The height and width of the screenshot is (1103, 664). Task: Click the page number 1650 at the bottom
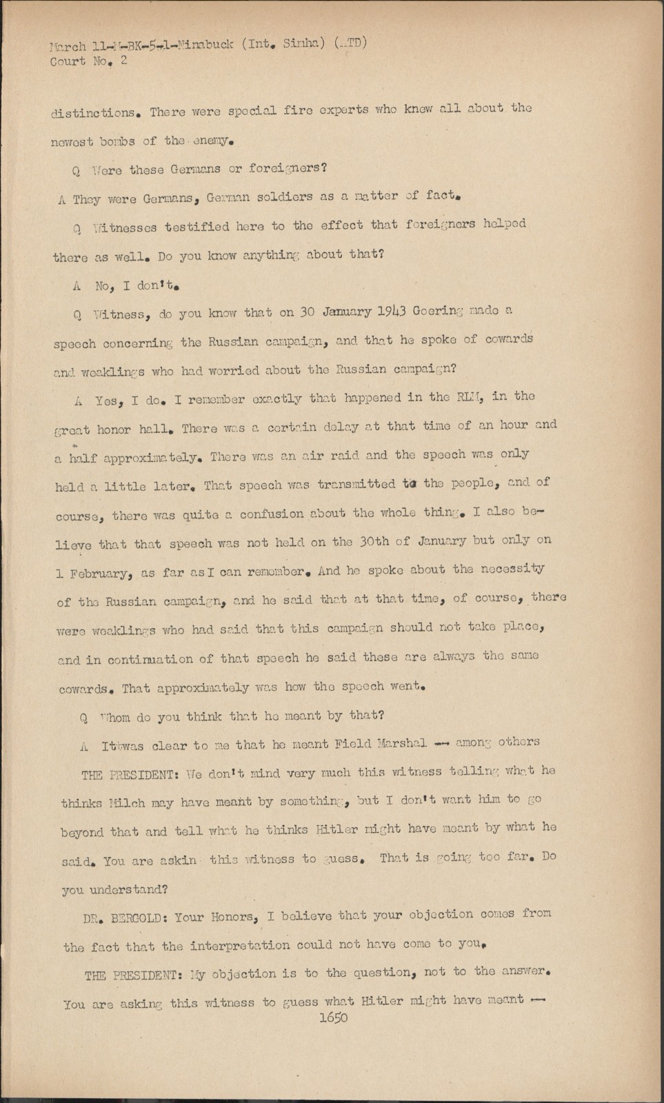click(334, 1017)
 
